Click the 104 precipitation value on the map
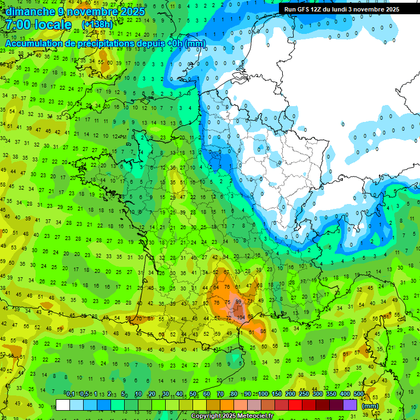[x=241, y=317]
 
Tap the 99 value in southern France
[x=238, y=301]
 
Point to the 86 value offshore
[x=263, y=331]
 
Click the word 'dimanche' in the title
[x=28, y=11]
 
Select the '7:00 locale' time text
[x=39, y=25]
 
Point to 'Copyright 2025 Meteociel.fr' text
[x=232, y=416]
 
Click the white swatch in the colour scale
[x=63, y=405]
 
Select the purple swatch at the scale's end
[x=350, y=405]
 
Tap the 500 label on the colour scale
[x=359, y=394]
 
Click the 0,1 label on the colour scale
[x=71, y=394]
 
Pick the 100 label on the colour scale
[x=263, y=394]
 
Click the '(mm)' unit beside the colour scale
[x=370, y=406]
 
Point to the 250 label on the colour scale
[x=304, y=394]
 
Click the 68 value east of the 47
[x=259, y=285]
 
